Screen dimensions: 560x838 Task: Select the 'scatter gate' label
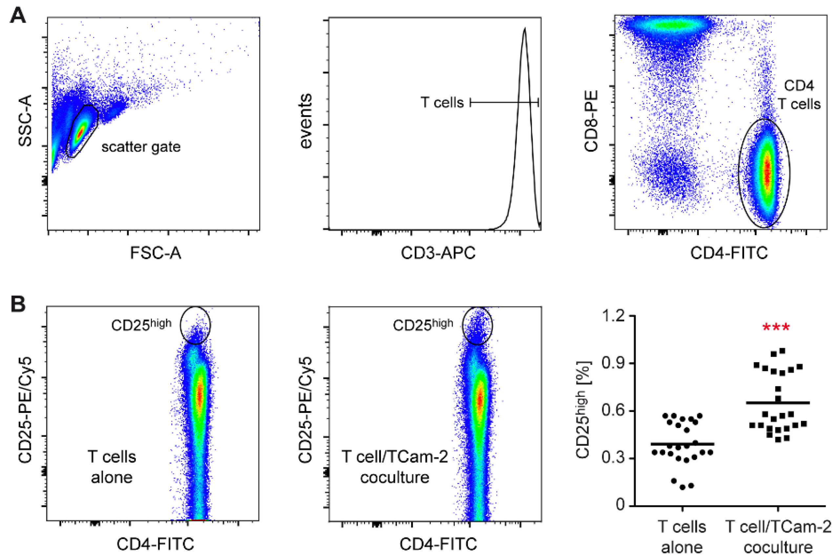coord(141,147)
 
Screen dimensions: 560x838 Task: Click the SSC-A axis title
coord(25,121)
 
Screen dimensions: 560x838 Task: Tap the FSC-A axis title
coord(156,253)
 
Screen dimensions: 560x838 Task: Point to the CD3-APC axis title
coord(438,253)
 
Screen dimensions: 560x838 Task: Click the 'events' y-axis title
coord(305,121)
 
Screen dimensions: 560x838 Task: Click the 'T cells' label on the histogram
coord(442,102)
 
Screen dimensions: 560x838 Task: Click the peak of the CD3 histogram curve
coord(524,29)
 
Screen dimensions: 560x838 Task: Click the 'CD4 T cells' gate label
coord(799,95)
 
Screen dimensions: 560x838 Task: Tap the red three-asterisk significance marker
coord(776,327)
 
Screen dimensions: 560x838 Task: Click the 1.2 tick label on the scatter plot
coord(614,316)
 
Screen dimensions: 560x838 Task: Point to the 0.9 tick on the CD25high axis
coord(614,363)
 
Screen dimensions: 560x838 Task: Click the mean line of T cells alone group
coord(682,444)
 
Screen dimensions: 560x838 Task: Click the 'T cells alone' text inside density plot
coord(112,467)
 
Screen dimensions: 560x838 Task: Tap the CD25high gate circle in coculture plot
coord(477,325)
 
